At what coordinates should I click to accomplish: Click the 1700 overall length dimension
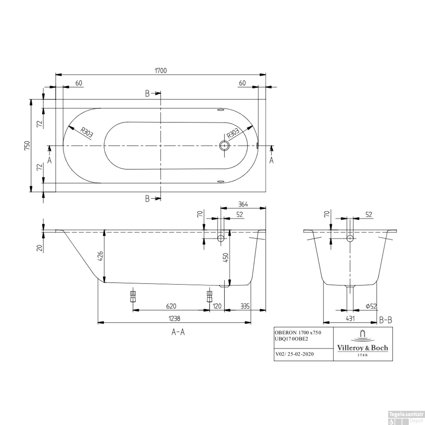pyautogui.click(x=161, y=70)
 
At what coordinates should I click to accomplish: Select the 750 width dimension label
pyautogui.click(x=27, y=146)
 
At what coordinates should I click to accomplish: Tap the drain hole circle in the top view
pyautogui.click(x=224, y=146)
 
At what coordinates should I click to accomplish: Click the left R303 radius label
pyautogui.click(x=86, y=133)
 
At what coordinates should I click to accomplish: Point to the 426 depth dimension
pyautogui.click(x=101, y=256)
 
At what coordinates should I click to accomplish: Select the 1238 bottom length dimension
pyautogui.click(x=174, y=318)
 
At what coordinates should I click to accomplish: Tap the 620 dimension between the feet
pyautogui.click(x=171, y=306)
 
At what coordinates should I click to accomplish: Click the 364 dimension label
pyautogui.click(x=243, y=204)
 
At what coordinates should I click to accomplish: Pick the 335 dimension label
pyautogui.click(x=245, y=306)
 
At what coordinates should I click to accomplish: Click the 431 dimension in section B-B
pyautogui.click(x=350, y=318)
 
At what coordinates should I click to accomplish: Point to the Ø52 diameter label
pyautogui.click(x=371, y=306)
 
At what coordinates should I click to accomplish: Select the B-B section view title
pyautogui.click(x=386, y=320)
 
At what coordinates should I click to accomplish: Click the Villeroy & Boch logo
pyautogui.click(x=362, y=344)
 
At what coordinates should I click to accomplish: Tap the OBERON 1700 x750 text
pyautogui.click(x=298, y=333)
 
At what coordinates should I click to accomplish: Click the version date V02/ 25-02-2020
pyautogui.click(x=295, y=354)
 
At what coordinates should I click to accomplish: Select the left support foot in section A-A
pyautogui.click(x=133, y=296)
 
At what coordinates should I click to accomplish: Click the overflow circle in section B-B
pyautogui.click(x=350, y=238)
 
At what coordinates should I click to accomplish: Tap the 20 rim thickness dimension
pyautogui.click(x=40, y=248)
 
